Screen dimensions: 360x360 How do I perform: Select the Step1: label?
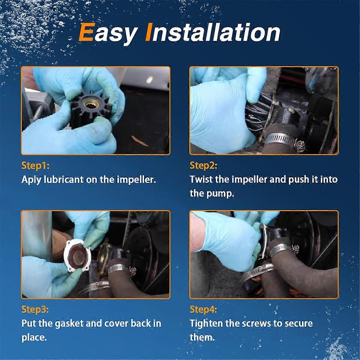(35, 165)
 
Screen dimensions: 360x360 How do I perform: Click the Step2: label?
(203, 165)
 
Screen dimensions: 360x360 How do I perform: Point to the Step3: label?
(35, 309)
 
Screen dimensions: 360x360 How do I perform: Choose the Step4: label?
(203, 309)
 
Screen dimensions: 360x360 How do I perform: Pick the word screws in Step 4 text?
(257, 323)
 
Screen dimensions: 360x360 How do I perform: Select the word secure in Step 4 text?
(298, 323)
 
